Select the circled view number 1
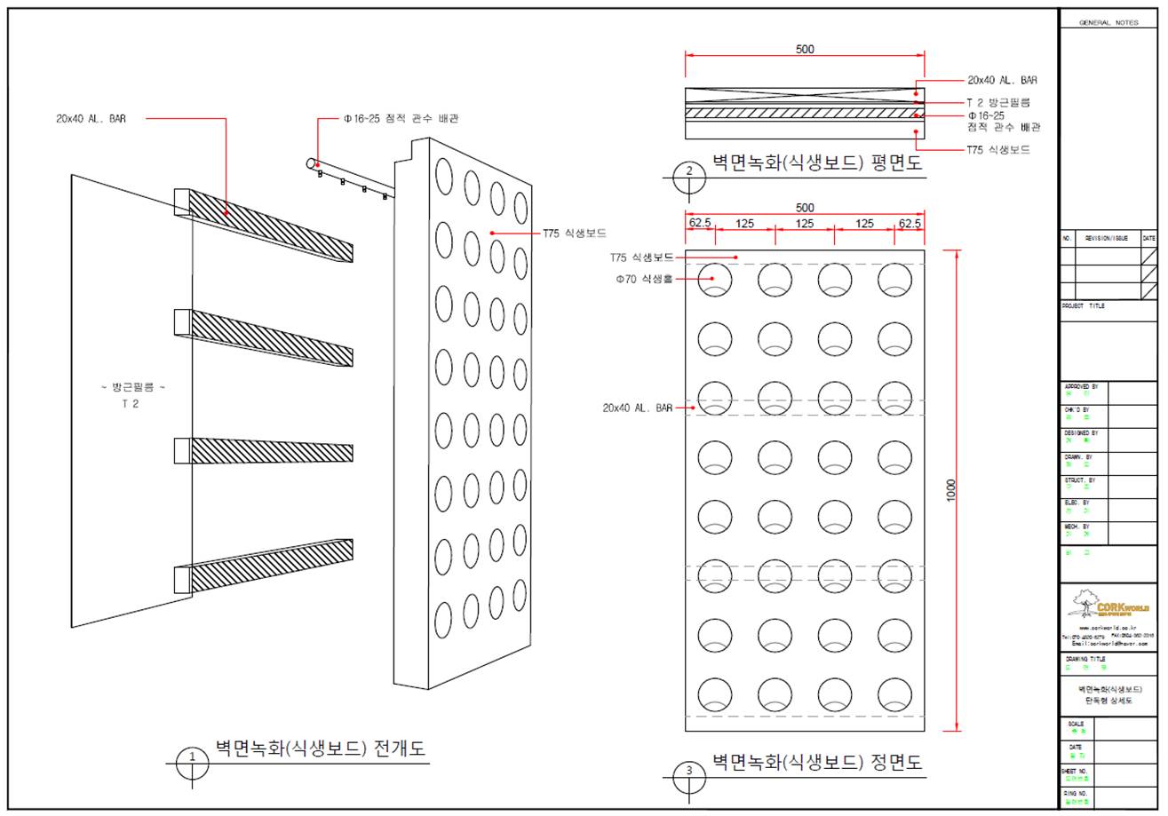192,758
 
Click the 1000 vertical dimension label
951,491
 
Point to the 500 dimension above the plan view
805,50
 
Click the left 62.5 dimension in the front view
700,223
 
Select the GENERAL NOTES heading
1107,22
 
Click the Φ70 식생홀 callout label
644,279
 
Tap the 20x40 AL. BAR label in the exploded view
91,118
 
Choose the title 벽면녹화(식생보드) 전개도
321,749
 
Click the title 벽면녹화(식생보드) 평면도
817,162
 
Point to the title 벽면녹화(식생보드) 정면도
817,762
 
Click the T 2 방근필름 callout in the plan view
998,102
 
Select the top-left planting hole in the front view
715,280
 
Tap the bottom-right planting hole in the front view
894,695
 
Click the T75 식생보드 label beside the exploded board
575,234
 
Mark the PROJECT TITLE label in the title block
1084,305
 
